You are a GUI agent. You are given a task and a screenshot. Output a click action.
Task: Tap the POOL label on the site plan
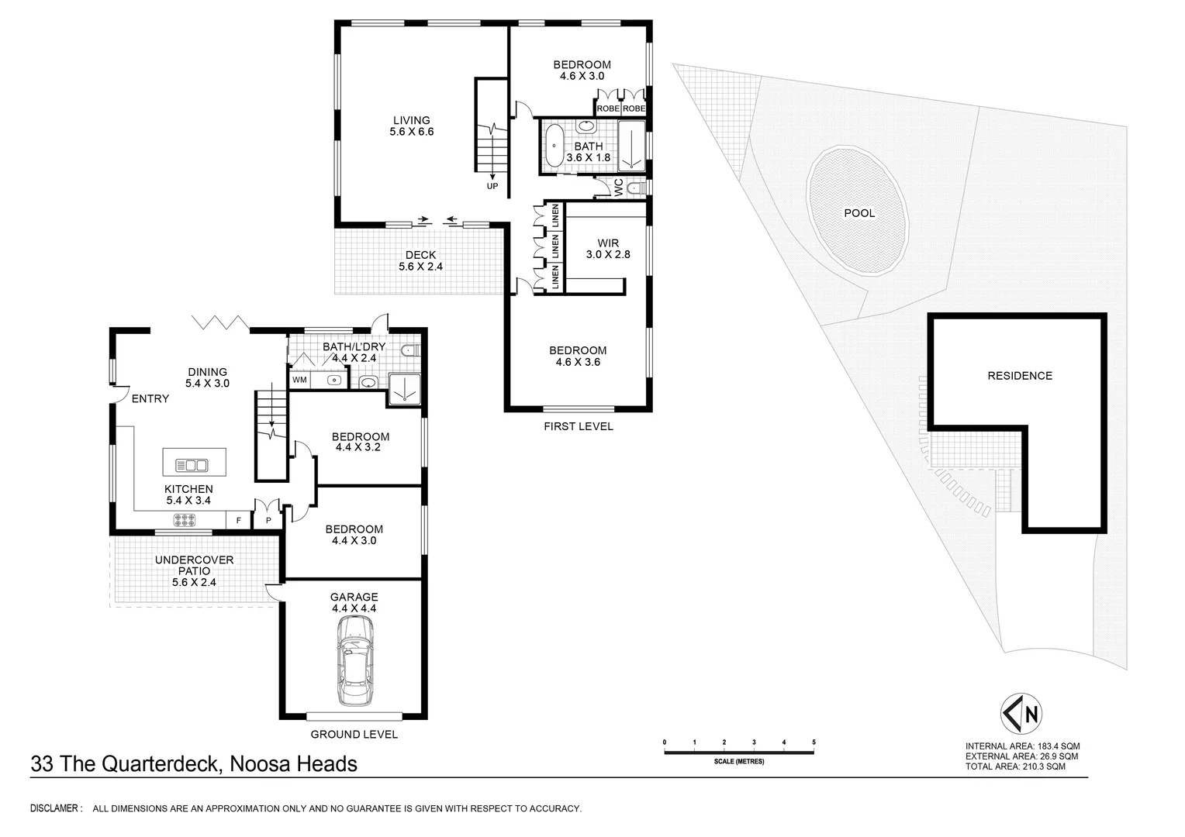(x=859, y=213)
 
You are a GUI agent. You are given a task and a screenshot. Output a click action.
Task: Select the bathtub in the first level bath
(x=555, y=145)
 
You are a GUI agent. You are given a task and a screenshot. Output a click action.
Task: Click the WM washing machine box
(x=299, y=381)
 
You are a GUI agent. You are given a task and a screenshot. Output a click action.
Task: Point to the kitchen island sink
(x=192, y=465)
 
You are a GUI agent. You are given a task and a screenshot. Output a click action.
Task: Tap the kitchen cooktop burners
(x=184, y=521)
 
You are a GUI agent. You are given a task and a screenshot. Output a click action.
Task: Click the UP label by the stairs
(x=492, y=186)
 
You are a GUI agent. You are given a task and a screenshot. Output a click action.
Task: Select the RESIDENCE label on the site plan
(x=1019, y=376)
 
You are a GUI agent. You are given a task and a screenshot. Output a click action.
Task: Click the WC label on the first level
(x=618, y=187)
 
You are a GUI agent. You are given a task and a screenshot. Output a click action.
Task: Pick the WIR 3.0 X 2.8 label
(x=608, y=249)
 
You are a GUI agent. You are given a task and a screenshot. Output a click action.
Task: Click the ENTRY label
(x=150, y=399)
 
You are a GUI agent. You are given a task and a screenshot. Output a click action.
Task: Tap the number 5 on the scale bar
(x=814, y=742)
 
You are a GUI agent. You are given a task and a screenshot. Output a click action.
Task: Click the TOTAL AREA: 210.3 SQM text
(x=1015, y=766)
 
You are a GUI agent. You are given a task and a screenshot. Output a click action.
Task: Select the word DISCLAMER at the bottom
(x=56, y=808)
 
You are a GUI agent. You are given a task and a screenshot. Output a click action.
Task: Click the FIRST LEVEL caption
(x=578, y=426)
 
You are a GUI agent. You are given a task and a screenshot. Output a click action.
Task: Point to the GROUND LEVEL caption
(x=354, y=735)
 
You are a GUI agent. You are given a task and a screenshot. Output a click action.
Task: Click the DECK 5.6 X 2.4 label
(x=420, y=260)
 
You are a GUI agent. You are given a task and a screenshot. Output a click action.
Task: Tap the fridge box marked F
(x=238, y=521)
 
